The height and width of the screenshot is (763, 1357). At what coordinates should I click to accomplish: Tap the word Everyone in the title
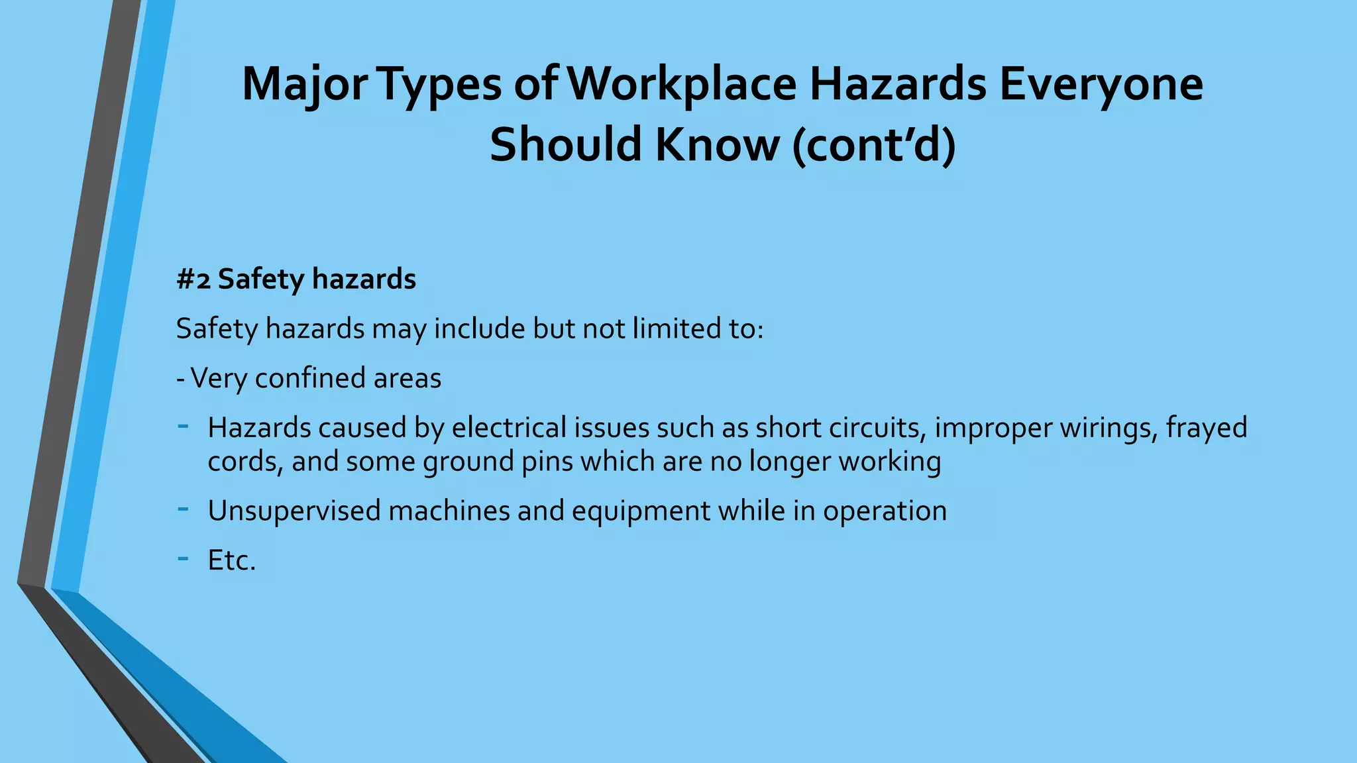[1101, 84]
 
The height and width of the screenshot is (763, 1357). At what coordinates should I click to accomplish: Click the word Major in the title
[304, 84]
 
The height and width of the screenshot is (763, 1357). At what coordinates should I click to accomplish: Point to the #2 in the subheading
[193, 279]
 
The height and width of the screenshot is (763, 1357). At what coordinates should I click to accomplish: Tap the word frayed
[1206, 428]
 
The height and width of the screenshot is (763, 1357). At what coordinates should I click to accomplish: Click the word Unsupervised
[293, 511]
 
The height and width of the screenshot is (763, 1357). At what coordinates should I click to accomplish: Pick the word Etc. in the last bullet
[231, 560]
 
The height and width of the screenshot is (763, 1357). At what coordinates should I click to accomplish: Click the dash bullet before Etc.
[183, 558]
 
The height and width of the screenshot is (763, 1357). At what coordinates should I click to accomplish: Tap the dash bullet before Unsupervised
[183, 508]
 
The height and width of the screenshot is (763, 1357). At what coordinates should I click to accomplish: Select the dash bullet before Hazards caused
[183, 425]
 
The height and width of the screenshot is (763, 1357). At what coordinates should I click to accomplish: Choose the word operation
[885, 511]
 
